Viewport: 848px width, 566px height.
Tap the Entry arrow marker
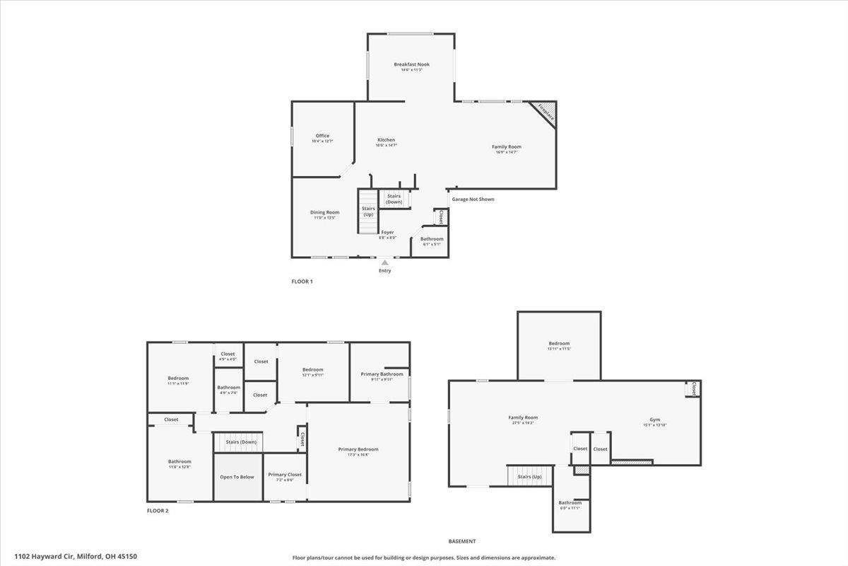384,262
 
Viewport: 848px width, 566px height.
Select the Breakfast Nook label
411,64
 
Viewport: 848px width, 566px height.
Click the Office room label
322,136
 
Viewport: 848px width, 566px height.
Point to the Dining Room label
324,212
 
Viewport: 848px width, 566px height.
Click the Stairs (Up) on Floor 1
368,211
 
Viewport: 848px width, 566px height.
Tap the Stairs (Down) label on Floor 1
394,199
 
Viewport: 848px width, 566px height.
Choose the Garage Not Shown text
473,200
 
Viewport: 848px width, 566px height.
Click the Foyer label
387,232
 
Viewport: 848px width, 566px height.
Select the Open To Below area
237,477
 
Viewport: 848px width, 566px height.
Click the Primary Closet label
285,475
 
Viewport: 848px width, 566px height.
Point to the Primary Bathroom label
382,374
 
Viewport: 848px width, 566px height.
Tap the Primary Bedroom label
358,449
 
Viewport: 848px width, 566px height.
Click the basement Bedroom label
558,344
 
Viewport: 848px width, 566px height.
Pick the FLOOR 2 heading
158,510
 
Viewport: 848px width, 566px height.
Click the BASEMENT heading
462,541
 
